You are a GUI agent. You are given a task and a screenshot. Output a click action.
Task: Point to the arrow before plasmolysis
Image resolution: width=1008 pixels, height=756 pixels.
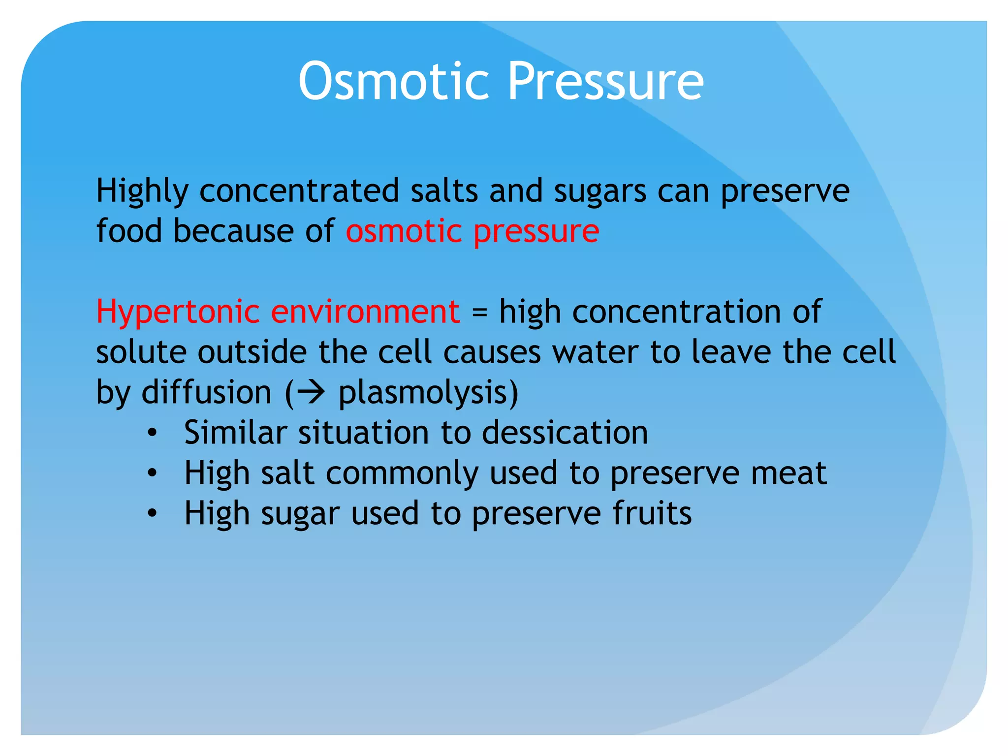click(x=311, y=392)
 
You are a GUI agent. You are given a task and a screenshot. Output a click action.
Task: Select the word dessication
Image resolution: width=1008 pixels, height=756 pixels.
click(x=565, y=433)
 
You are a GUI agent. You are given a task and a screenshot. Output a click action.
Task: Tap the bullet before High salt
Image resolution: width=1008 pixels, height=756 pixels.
click(x=152, y=473)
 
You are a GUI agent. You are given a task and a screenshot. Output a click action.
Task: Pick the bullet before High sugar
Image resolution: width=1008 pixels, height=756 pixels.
click(x=152, y=514)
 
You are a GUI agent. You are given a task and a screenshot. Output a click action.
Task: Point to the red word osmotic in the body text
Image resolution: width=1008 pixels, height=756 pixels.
click(x=403, y=231)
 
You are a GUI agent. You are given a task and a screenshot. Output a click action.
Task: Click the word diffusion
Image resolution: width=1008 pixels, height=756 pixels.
click(x=206, y=392)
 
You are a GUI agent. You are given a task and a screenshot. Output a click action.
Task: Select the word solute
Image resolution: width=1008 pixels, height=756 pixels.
click(x=141, y=352)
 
